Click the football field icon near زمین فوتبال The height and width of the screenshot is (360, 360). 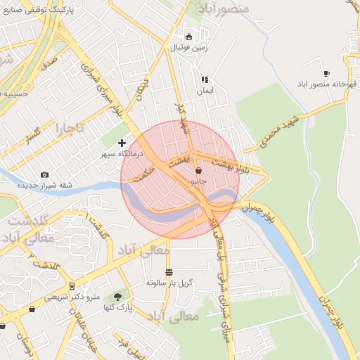(188, 37)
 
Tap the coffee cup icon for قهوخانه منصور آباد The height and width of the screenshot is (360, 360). (326, 73)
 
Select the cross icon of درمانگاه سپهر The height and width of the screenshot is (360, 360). (122, 143)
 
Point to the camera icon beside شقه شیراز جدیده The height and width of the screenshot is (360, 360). (45, 174)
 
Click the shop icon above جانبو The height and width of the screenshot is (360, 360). (199, 170)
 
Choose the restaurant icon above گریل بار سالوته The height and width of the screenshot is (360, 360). (169, 272)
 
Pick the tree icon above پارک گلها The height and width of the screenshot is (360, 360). (117, 297)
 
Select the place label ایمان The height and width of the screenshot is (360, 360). (205, 91)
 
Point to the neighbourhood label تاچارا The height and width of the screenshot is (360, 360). (70, 129)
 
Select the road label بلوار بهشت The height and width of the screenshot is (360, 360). (235, 165)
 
